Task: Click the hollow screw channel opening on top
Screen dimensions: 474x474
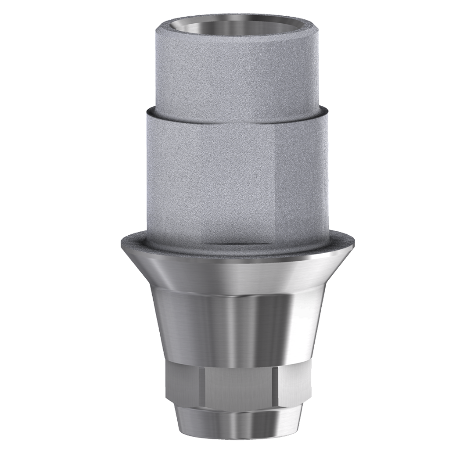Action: pyautogui.click(x=237, y=25)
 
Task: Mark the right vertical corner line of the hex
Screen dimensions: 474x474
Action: pyautogui.click(x=275, y=386)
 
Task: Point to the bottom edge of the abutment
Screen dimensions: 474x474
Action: pyautogui.click(x=237, y=440)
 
